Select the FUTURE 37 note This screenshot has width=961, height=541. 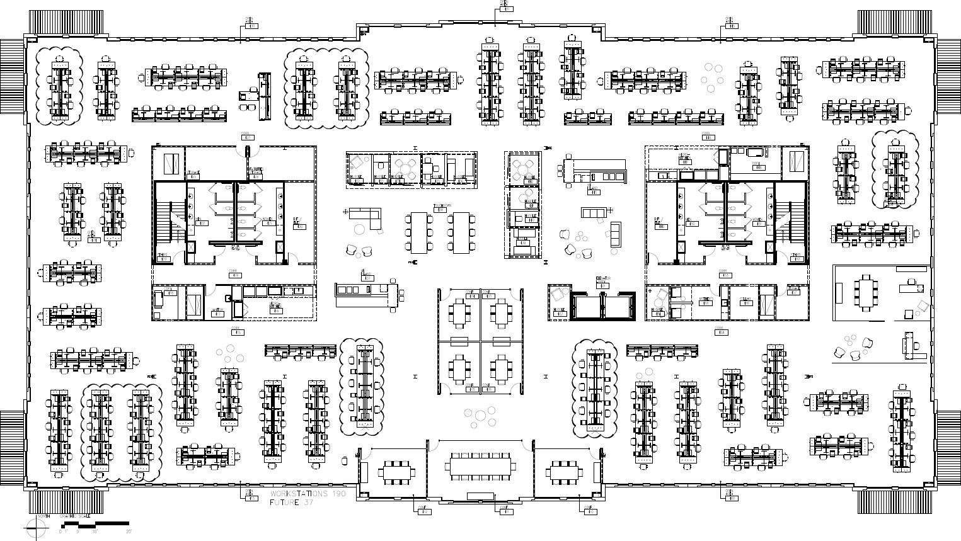(x=291, y=503)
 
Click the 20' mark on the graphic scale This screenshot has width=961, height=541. (x=129, y=532)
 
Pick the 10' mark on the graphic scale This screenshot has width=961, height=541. (x=94, y=532)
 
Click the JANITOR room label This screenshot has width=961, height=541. (x=217, y=311)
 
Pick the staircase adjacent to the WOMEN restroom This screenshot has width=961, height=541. (x=785, y=220)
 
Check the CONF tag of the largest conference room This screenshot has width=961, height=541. (x=504, y=510)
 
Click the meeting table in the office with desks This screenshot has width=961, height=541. (x=865, y=292)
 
